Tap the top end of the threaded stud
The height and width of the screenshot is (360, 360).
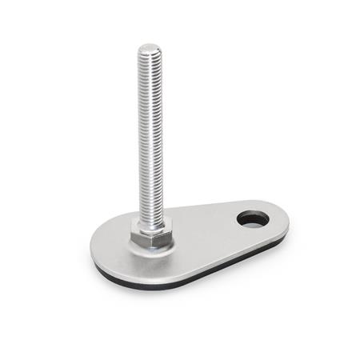click(148, 50)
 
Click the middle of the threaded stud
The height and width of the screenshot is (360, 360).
click(149, 136)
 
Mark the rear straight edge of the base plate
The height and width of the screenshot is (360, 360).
click(208, 207)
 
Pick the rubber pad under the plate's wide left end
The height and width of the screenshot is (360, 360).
click(104, 270)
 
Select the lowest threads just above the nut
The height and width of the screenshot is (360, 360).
click(150, 214)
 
